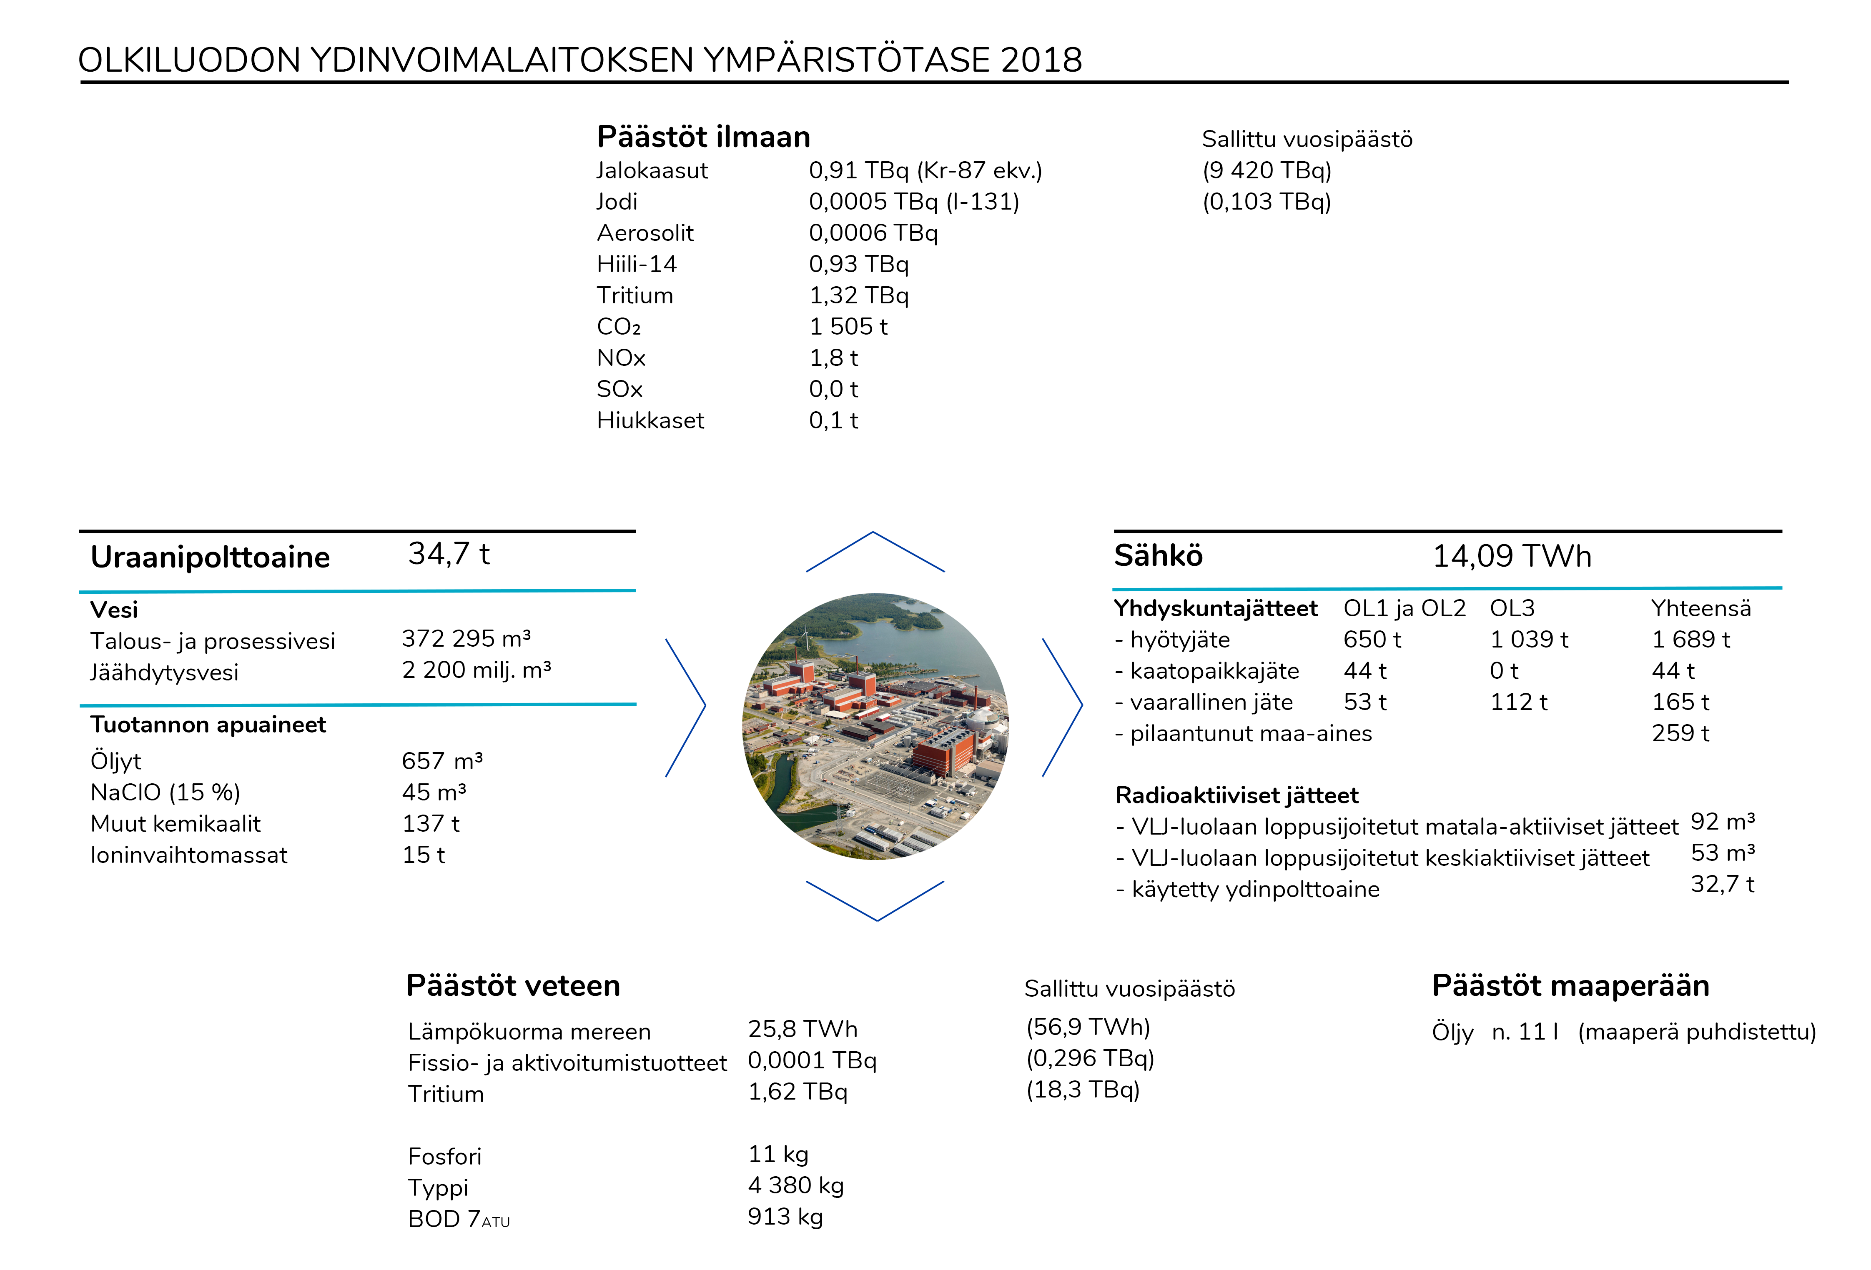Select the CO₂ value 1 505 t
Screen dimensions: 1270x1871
click(848, 327)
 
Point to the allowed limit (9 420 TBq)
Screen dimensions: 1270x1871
click(1267, 170)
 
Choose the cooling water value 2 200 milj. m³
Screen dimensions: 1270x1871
click(476, 670)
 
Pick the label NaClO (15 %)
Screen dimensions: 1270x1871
click(165, 793)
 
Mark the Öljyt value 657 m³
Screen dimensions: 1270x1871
click(442, 760)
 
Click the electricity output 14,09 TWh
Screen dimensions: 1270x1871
click(1511, 556)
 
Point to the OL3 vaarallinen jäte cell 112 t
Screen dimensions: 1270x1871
click(1518, 702)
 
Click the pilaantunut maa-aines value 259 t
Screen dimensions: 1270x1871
click(1680, 733)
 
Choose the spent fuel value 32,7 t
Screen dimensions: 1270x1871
click(1722, 885)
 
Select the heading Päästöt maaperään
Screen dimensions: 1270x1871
click(1570, 986)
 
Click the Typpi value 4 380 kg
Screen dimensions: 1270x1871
click(795, 1185)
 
